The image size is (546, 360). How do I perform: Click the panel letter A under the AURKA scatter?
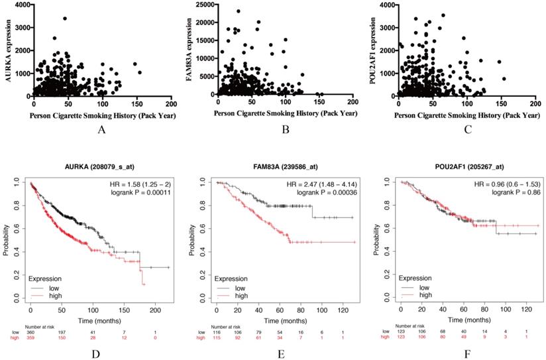point(101,129)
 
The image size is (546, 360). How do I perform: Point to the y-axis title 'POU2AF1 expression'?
point(372,50)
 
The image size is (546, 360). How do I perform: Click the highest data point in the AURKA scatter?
point(65,19)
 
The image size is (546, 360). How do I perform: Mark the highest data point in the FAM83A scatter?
point(239,11)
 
